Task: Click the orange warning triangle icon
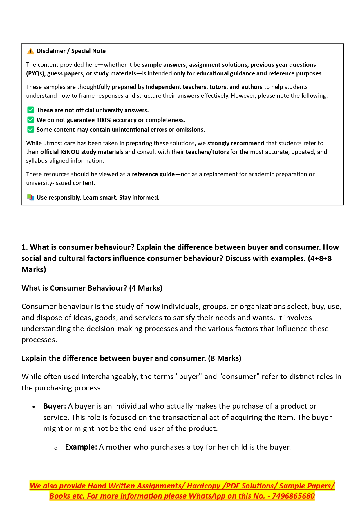tap(30, 51)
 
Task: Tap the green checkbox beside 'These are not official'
tap(30, 110)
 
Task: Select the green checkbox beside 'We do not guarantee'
tap(30, 120)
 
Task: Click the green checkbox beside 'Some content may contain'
tap(30, 130)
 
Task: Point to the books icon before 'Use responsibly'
tap(30, 198)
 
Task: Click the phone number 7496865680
tap(293, 496)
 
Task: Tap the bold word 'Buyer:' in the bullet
tap(55, 406)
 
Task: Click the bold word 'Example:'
tap(81, 447)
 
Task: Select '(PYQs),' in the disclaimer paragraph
tap(36, 73)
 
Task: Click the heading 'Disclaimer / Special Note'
tap(71, 51)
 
